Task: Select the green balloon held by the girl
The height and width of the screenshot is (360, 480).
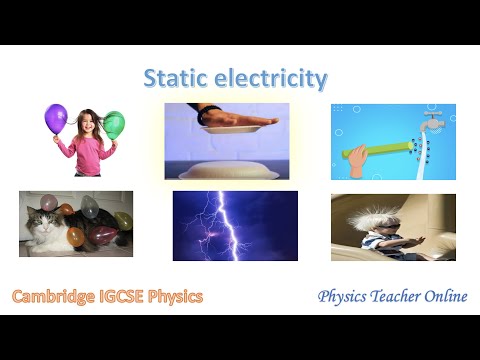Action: pyautogui.click(x=114, y=125)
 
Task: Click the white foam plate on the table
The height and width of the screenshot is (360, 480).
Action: pyautogui.click(x=228, y=165)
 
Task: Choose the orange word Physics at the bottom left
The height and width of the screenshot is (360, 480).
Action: pyautogui.click(x=181, y=297)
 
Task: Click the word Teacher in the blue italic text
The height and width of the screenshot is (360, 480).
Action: pyautogui.click(x=391, y=297)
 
